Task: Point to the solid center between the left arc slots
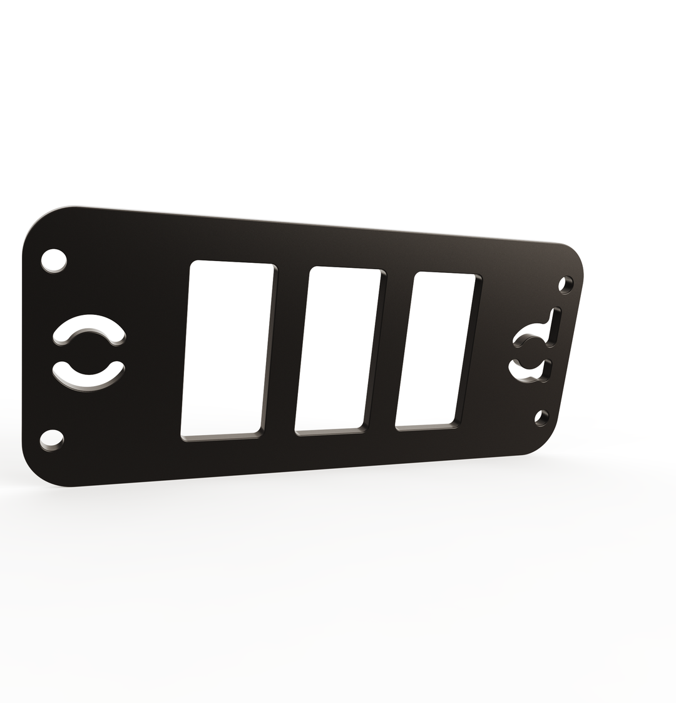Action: tap(90, 351)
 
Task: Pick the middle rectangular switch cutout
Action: tap(339, 348)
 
